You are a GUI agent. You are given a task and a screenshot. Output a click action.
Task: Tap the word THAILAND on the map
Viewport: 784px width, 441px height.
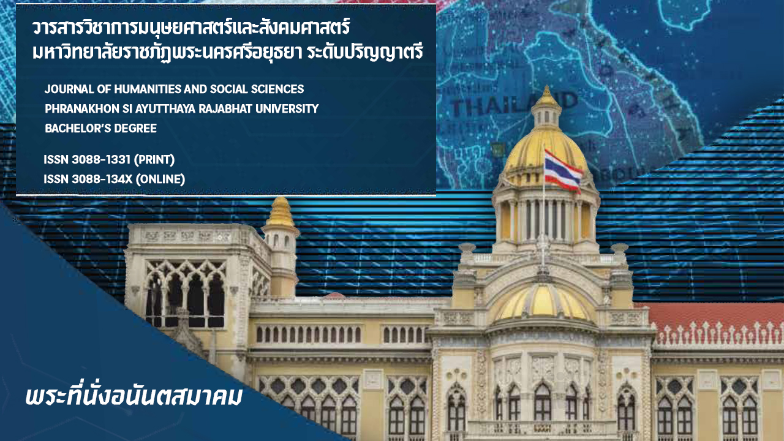point(514,105)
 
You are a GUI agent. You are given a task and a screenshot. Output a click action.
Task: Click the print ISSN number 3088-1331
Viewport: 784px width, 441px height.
point(101,160)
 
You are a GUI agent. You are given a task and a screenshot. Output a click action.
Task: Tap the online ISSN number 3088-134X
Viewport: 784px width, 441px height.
point(102,179)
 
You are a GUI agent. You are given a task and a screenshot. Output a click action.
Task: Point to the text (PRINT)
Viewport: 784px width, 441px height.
point(154,160)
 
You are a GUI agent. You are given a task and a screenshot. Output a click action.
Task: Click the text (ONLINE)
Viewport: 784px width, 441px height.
point(160,179)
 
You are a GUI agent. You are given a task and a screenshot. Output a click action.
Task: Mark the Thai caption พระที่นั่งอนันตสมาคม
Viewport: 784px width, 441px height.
point(134,396)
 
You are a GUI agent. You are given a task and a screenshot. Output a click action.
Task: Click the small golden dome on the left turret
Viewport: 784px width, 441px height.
point(280,212)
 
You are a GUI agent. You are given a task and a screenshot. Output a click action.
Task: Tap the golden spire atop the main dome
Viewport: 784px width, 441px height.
point(546,96)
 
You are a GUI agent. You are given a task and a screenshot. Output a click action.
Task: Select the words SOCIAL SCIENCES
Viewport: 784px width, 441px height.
point(257,89)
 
